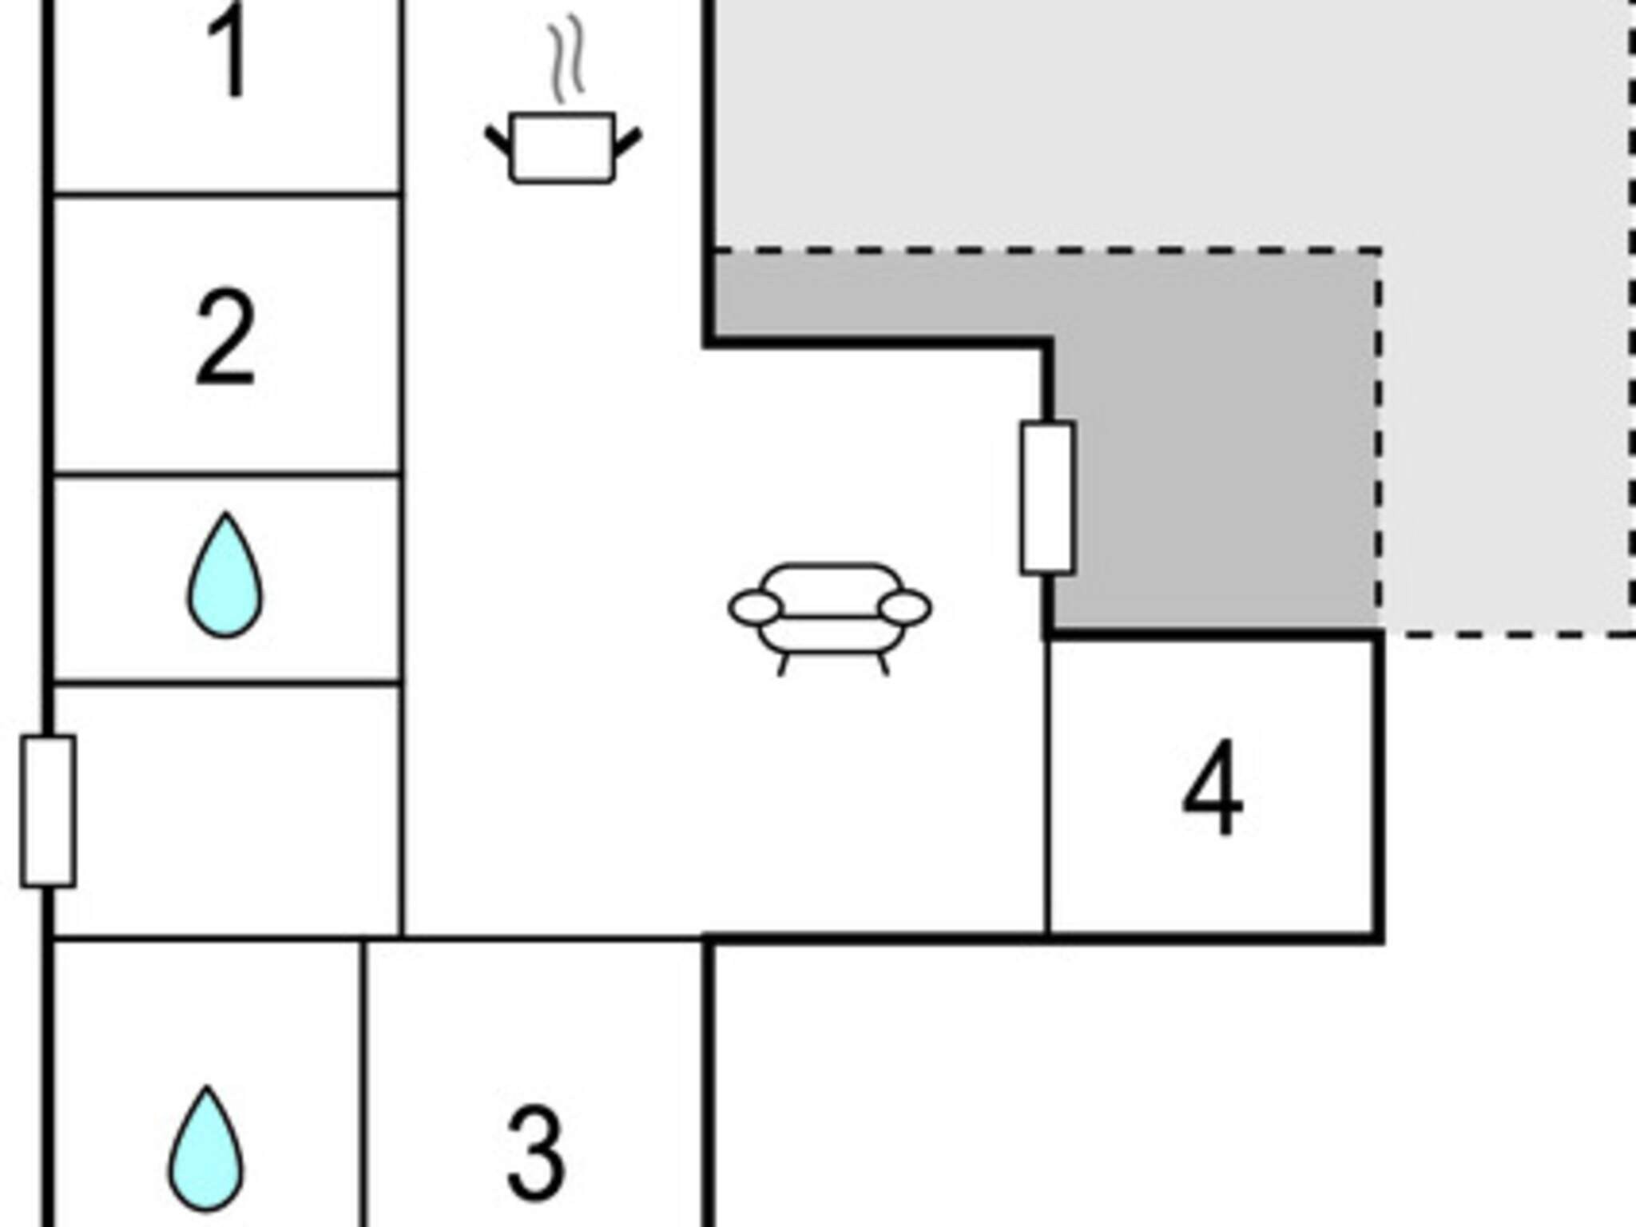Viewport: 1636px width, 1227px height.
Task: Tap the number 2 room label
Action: click(226, 338)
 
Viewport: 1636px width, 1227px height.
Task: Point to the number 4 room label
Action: click(1213, 788)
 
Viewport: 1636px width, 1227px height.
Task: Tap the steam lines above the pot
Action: click(566, 58)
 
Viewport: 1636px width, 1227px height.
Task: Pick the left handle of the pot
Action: click(499, 142)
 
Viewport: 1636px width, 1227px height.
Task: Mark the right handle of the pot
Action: click(628, 142)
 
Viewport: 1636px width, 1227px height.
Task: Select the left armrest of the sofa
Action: click(755, 608)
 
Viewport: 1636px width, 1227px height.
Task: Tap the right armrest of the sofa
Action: click(905, 608)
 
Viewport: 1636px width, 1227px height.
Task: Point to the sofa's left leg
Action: click(784, 665)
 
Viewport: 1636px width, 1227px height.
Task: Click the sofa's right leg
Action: click(884, 665)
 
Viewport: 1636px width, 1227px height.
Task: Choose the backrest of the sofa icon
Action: click(830, 577)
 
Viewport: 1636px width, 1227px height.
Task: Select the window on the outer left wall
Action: click(48, 811)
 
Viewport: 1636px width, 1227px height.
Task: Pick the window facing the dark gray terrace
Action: click(1047, 498)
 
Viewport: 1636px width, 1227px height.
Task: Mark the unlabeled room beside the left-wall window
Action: click(227, 810)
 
